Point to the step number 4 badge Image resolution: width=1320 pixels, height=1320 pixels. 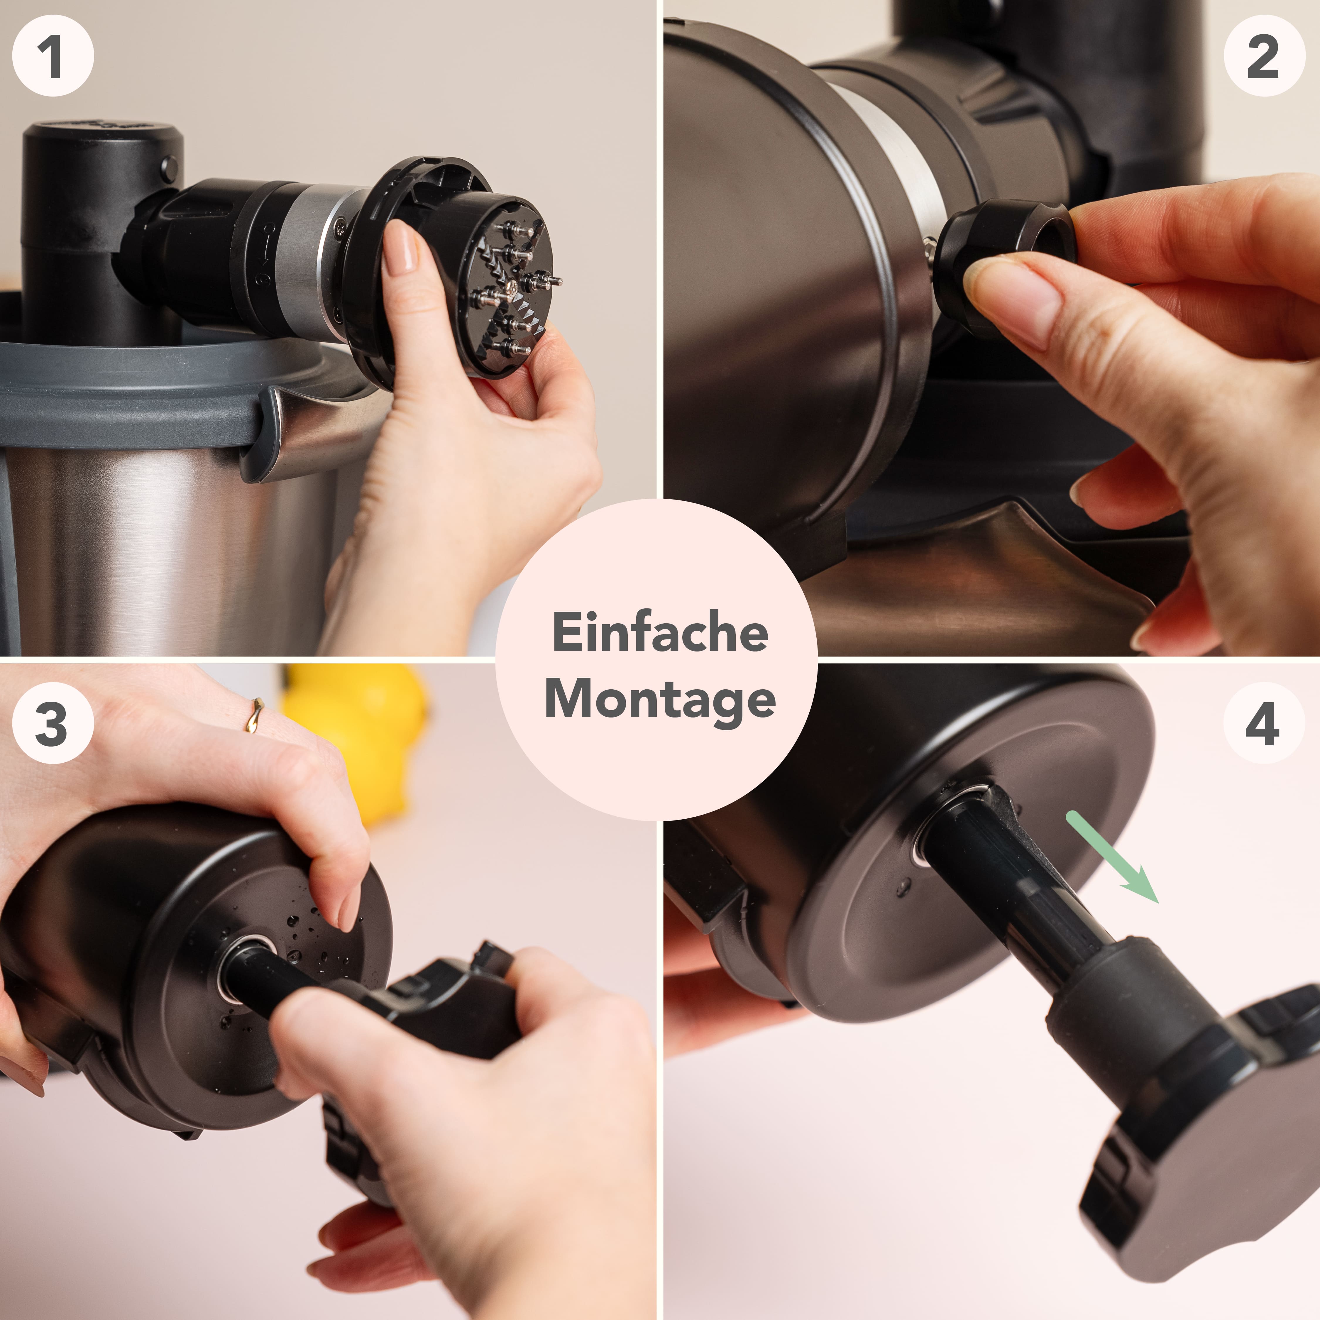point(1263,723)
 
